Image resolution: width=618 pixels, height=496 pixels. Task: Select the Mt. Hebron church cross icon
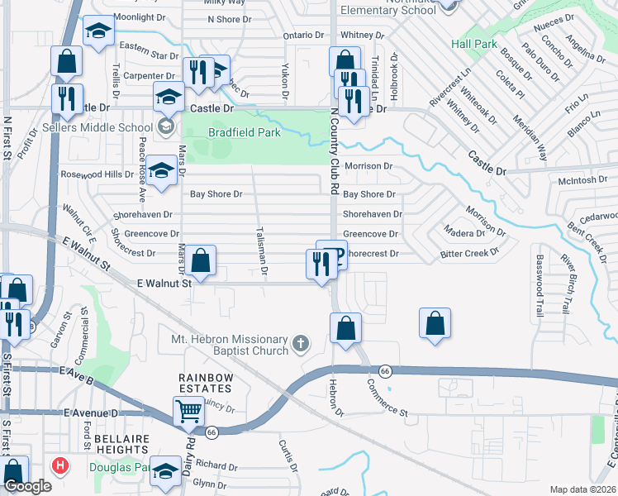[302, 342]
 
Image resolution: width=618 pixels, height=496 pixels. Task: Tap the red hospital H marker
[58, 465]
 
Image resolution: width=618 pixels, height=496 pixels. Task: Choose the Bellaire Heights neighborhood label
[121, 439]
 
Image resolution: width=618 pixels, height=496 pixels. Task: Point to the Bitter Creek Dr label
[470, 254]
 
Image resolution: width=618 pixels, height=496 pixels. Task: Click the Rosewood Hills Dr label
[97, 174]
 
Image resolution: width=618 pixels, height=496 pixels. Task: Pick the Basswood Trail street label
[538, 286]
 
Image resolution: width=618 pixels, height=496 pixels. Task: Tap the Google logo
[27, 486]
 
